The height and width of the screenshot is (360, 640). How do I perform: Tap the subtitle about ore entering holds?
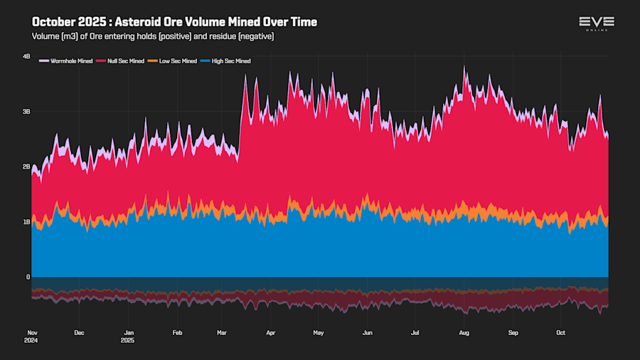[x=153, y=36]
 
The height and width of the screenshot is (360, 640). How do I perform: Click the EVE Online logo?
[x=596, y=23]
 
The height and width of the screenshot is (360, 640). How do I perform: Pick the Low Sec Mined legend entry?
[x=175, y=61]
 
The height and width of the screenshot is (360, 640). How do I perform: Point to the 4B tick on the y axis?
[x=26, y=56]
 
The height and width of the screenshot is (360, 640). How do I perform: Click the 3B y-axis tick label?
[x=26, y=112]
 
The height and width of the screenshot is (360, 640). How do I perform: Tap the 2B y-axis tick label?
[x=26, y=166]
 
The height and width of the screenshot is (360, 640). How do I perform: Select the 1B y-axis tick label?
[x=26, y=222]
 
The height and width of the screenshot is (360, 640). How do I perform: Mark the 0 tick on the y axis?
[x=28, y=277]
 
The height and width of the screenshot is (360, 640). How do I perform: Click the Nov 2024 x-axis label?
[x=32, y=336]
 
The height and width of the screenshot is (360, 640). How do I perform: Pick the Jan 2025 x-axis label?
[x=129, y=336]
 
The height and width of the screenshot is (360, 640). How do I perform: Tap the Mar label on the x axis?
[x=222, y=332]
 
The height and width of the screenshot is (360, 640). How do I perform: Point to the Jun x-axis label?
[x=367, y=332]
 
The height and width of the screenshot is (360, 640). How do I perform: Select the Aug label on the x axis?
[x=464, y=332]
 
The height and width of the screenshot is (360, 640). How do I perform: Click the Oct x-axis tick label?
[x=560, y=332]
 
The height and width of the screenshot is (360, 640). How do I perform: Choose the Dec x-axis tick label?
[x=80, y=332]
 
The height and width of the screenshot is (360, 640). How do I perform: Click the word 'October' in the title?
[x=55, y=22]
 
